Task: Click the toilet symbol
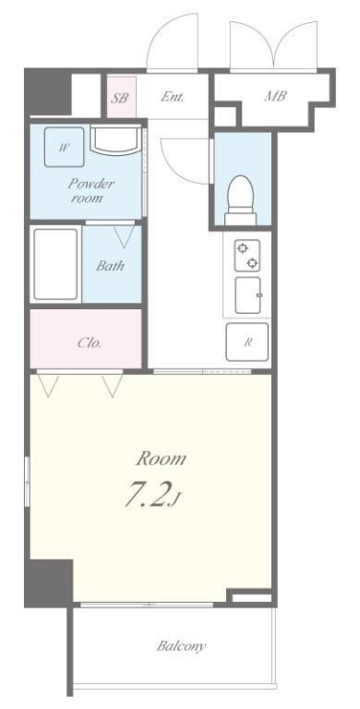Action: point(241,199)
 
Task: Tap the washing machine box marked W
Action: point(65,147)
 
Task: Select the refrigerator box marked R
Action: point(247,342)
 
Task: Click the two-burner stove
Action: point(247,256)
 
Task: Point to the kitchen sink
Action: point(248,295)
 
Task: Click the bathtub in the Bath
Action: point(55,264)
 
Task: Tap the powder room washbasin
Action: point(115,140)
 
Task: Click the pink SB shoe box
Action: point(121,97)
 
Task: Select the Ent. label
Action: point(173,97)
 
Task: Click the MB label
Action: point(275,96)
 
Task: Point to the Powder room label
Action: point(90,191)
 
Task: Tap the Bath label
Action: point(110,266)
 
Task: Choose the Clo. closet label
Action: point(90,342)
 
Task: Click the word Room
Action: point(161,459)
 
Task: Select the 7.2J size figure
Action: point(153,495)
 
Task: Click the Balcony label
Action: point(181,645)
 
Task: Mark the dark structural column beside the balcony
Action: point(49,583)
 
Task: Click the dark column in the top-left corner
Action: point(48,91)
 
